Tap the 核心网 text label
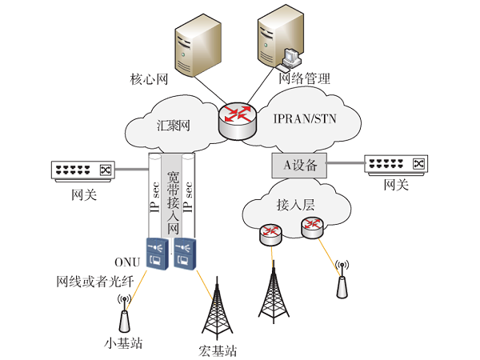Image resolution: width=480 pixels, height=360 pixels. pyautogui.click(x=150, y=79)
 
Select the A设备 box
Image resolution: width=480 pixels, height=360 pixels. pyautogui.click(x=301, y=166)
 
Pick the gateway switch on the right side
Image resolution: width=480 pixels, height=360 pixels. pyautogui.click(x=395, y=164)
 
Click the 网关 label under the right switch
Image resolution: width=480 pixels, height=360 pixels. pyautogui.click(x=396, y=185)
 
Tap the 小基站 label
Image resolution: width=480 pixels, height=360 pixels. pyautogui.click(x=123, y=345)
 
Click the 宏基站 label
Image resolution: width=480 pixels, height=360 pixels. pyautogui.click(x=218, y=350)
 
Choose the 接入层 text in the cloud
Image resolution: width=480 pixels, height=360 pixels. pyautogui.click(x=296, y=204)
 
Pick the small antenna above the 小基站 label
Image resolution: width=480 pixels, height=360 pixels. pyautogui.click(x=124, y=314)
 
